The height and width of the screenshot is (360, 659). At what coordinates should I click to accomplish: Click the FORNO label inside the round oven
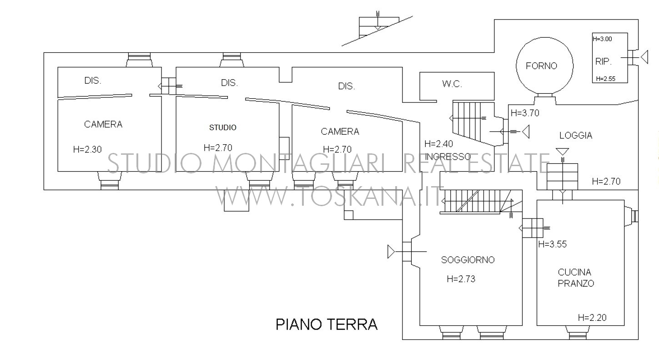click(x=541, y=66)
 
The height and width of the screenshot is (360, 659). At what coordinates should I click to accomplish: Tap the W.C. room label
click(x=452, y=84)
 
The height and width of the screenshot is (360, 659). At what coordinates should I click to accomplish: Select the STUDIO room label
click(x=223, y=127)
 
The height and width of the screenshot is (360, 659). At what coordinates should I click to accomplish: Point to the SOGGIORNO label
click(x=468, y=259)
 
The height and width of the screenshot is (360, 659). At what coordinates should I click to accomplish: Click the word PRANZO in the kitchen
click(x=576, y=283)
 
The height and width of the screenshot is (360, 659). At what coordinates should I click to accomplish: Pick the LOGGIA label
click(x=576, y=136)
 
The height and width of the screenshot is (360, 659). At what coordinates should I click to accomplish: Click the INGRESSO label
click(x=448, y=157)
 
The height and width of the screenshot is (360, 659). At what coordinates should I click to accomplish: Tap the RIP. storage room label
click(x=604, y=61)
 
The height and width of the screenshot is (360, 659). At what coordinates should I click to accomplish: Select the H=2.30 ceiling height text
click(x=87, y=150)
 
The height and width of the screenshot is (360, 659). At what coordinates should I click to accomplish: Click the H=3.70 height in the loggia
click(x=525, y=113)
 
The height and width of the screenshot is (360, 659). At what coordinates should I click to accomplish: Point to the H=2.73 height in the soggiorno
click(x=461, y=279)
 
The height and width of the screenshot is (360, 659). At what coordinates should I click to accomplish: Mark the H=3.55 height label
click(x=552, y=244)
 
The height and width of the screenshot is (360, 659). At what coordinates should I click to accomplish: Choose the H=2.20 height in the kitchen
click(x=592, y=318)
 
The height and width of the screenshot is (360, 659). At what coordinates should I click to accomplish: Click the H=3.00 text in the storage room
click(x=602, y=39)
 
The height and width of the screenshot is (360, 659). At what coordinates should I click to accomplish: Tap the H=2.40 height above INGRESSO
click(x=438, y=144)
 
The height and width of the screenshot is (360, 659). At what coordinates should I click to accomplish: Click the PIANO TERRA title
click(x=327, y=325)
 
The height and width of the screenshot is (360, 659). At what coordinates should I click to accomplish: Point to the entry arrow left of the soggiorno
click(x=391, y=252)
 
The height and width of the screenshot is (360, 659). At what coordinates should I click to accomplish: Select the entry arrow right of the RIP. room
click(x=644, y=57)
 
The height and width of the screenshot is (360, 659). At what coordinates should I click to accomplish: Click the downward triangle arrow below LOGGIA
click(x=562, y=152)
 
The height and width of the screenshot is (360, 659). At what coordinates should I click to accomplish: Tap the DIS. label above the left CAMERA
click(x=93, y=81)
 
